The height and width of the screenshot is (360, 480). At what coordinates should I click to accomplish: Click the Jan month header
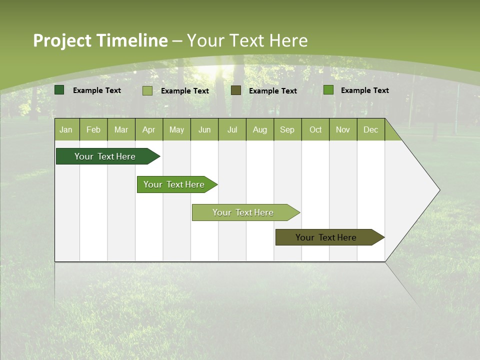click(66, 129)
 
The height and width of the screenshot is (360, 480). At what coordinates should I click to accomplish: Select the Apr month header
click(149, 129)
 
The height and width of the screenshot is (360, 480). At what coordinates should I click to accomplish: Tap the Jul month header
click(232, 129)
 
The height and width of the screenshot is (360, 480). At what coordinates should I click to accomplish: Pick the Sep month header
click(287, 129)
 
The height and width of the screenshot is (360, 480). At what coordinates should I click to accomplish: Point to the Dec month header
click(370, 129)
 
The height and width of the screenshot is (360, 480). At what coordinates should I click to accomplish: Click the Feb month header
click(93, 129)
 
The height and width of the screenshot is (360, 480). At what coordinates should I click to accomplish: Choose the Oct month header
click(315, 129)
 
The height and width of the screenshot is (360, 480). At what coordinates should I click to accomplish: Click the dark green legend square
click(59, 90)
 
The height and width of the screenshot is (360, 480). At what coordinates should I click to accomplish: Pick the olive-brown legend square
click(236, 90)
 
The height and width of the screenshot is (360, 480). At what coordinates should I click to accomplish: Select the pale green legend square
click(147, 90)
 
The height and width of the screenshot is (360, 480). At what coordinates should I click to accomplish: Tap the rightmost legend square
click(328, 90)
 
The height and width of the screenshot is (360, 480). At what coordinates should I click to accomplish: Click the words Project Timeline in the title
click(100, 40)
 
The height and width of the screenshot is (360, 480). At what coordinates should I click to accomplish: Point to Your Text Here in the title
click(247, 40)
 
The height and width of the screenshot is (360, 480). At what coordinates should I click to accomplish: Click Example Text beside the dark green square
click(97, 90)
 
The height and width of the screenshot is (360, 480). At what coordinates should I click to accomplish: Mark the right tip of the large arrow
click(439, 190)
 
